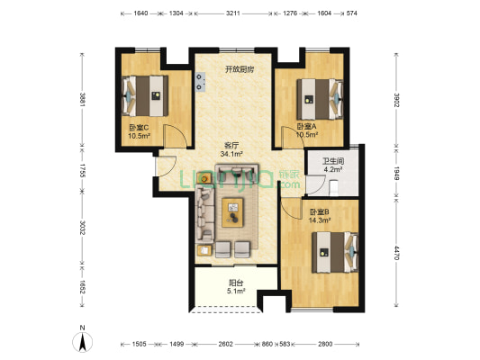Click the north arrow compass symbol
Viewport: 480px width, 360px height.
82,340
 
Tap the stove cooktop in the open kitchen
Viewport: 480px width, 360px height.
200,82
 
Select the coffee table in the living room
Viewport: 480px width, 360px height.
232,212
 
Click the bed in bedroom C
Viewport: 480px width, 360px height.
145,95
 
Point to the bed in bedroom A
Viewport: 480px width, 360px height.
320,99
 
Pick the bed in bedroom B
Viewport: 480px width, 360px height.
335,252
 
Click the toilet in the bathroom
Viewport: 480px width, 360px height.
333,187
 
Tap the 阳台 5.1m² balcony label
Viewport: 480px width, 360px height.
236,287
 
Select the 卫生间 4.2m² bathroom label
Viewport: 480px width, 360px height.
333,165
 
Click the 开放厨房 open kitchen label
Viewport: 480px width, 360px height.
240,69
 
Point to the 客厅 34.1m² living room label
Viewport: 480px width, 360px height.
231,149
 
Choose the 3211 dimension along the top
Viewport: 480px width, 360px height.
233,13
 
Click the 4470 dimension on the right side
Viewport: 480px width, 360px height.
396,253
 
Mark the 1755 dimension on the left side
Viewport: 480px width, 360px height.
82,170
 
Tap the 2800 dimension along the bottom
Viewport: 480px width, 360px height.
325,344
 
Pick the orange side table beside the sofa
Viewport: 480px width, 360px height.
204,177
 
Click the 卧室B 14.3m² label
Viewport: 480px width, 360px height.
320,216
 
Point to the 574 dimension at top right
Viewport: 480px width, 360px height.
352,13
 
